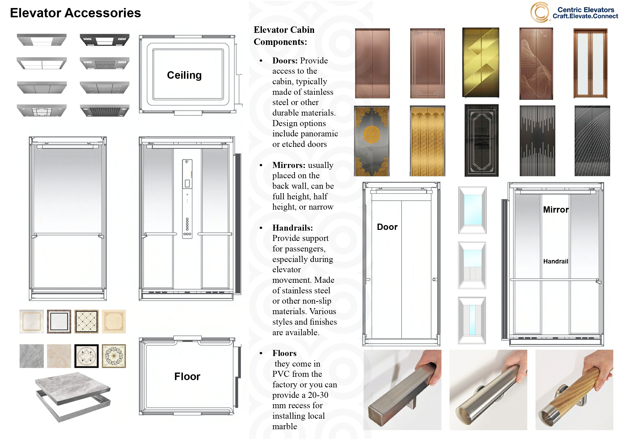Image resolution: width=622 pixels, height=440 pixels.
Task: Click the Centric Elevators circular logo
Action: (x=539, y=12)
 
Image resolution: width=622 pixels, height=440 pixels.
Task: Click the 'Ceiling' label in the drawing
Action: (x=184, y=75)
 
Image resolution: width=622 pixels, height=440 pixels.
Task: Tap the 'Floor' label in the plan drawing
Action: (x=187, y=376)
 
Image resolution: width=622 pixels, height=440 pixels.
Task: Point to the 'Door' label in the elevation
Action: (x=387, y=227)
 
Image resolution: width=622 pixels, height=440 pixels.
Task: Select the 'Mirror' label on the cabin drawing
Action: (x=556, y=210)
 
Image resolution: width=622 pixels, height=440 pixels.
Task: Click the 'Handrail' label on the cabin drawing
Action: (x=556, y=261)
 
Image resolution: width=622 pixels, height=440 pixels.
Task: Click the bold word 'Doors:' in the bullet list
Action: (x=285, y=60)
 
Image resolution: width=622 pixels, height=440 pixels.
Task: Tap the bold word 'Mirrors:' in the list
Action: (x=289, y=165)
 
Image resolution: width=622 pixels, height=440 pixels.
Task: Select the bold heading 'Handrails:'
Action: (x=292, y=228)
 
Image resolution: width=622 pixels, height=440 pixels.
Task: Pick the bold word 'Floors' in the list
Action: (x=284, y=353)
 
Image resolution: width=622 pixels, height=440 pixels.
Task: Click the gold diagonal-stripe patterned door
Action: (x=481, y=62)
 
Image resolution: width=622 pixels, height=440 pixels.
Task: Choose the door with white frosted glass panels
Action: (x=590, y=63)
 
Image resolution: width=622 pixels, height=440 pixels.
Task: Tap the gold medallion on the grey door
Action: (x=372, y=134)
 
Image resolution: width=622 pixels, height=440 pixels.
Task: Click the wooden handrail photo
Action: (x=574, y=390)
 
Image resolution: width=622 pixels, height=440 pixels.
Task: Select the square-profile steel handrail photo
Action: (x=402, y=390)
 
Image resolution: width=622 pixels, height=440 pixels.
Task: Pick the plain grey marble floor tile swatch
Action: (x=31, y=356)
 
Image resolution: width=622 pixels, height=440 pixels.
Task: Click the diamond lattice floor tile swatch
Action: (x=86, y=321)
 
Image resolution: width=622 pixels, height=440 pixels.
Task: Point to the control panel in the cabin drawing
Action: (x=187, y=199)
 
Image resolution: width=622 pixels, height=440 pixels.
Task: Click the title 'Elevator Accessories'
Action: (x=75, y=13)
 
